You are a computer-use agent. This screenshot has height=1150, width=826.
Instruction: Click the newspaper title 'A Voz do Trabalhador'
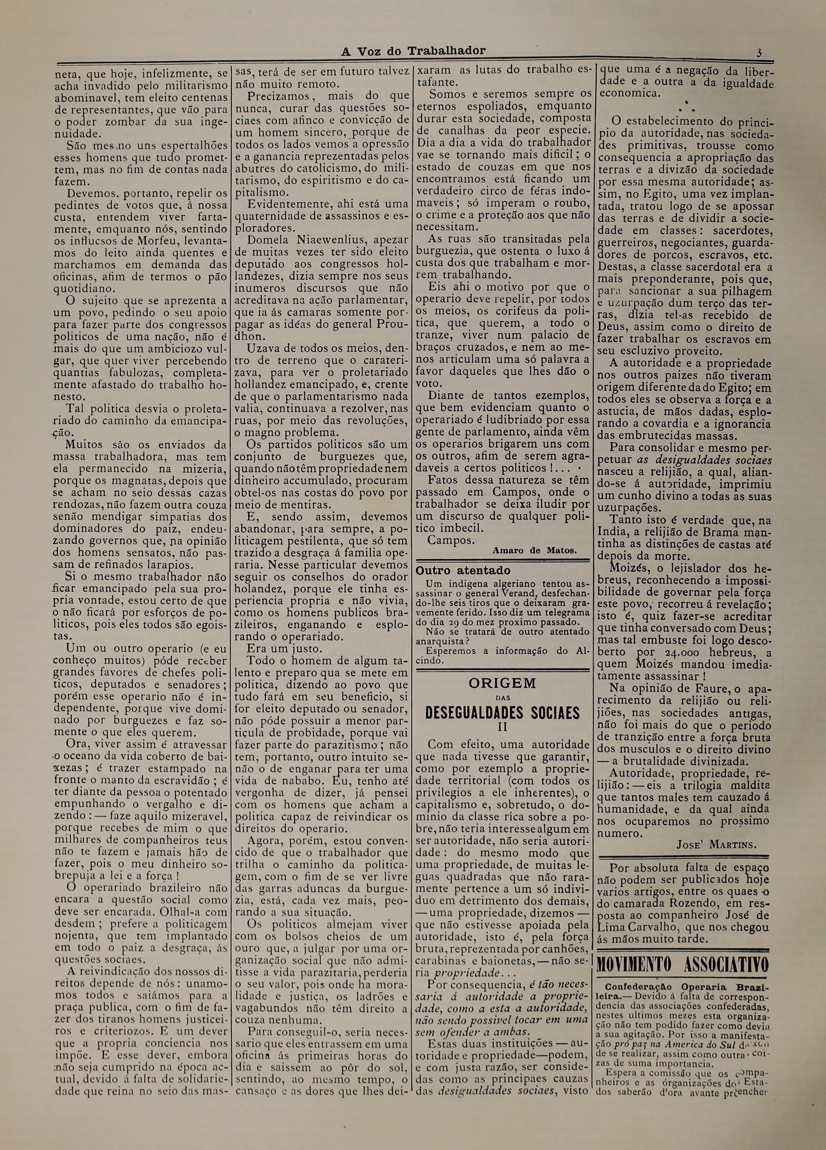tap(413, 51)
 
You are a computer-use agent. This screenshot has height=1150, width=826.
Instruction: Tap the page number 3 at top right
tap(758, 52)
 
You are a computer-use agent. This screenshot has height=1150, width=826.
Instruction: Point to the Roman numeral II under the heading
tap(502, 727)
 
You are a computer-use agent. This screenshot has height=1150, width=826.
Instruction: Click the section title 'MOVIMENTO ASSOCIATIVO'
tap(683, 965)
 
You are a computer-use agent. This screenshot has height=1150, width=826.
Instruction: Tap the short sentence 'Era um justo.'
tap(277, 649)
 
